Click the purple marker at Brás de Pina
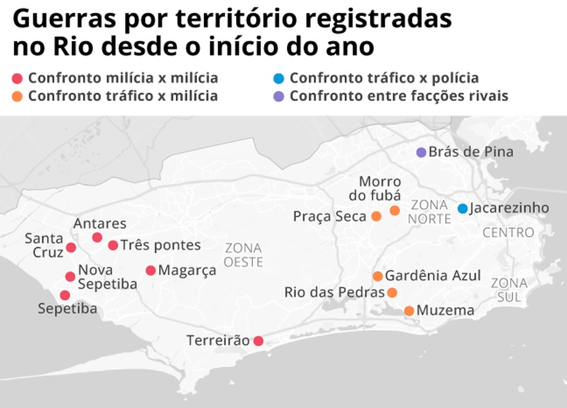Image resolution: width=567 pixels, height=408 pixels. point(421,152)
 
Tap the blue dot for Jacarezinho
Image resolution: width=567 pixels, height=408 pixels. point(463,208)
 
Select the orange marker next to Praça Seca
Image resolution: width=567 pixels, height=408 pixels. point(376,216)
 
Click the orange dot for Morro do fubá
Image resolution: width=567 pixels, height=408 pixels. point(395,210)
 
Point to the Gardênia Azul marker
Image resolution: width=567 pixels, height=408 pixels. point(378,276)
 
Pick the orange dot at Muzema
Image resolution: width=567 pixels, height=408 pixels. point(409,311)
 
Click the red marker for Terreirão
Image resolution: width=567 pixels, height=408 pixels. point(259,341)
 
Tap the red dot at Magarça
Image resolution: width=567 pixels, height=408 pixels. point(151,270)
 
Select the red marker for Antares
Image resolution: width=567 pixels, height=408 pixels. point(97,237)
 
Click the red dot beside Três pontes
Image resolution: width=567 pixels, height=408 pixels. point(113,245)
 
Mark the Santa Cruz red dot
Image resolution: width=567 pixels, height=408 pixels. point(71,247)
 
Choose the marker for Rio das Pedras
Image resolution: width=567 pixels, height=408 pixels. point(392,292)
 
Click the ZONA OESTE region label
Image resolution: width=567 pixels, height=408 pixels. point(244,255)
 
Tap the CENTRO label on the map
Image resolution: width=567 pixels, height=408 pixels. point(508,233)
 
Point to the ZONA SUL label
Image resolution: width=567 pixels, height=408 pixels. point(509,290)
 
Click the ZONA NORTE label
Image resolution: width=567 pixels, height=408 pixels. point(430,211)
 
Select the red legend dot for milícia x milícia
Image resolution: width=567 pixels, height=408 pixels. point(17,78)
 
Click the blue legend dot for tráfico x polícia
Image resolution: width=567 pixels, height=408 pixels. point(279,78)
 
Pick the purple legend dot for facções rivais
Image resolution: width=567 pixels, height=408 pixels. point(279,96)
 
